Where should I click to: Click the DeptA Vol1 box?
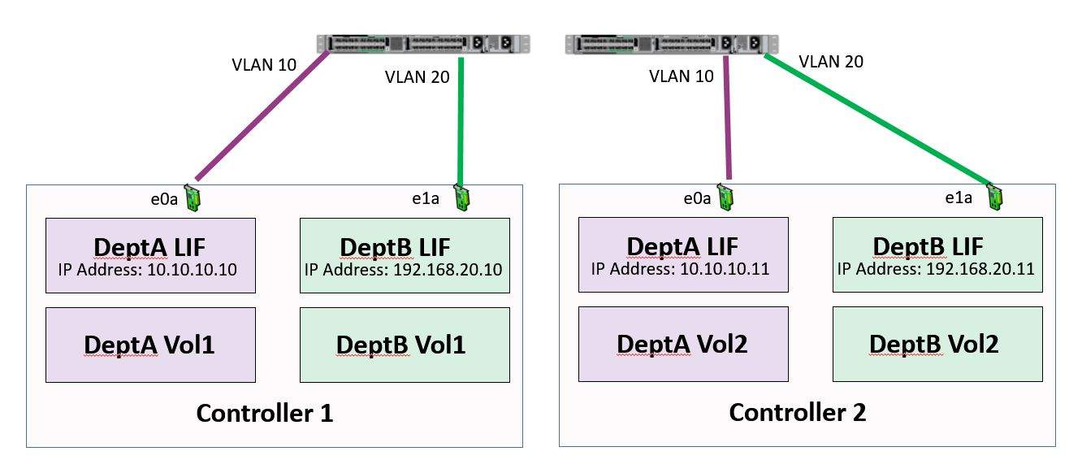[x=150, y=345]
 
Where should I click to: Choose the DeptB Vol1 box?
[x=405, y=345]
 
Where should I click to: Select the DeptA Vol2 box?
[x=683, y=345]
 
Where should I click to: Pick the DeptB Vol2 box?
[x=937, y=345]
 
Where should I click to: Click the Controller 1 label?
[x=265, y=413]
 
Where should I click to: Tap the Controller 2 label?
[x=798, y=413]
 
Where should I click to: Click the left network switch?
[x=423, y=45]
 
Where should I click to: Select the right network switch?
[x=670, y=45]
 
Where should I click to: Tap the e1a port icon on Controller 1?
[x=462, y=199]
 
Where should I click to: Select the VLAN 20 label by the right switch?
[x=831, y=62]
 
